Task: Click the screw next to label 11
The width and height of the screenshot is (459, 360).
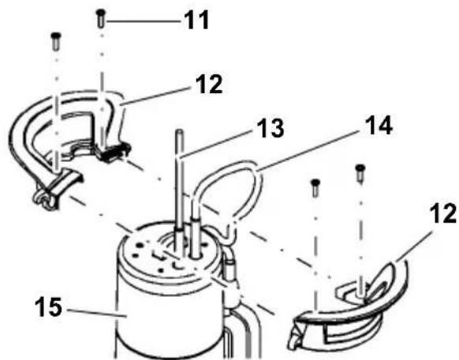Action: [101, 17]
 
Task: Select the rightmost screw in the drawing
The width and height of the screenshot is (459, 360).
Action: [360, 171]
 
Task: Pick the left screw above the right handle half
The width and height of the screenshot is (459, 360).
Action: [315, 186]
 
